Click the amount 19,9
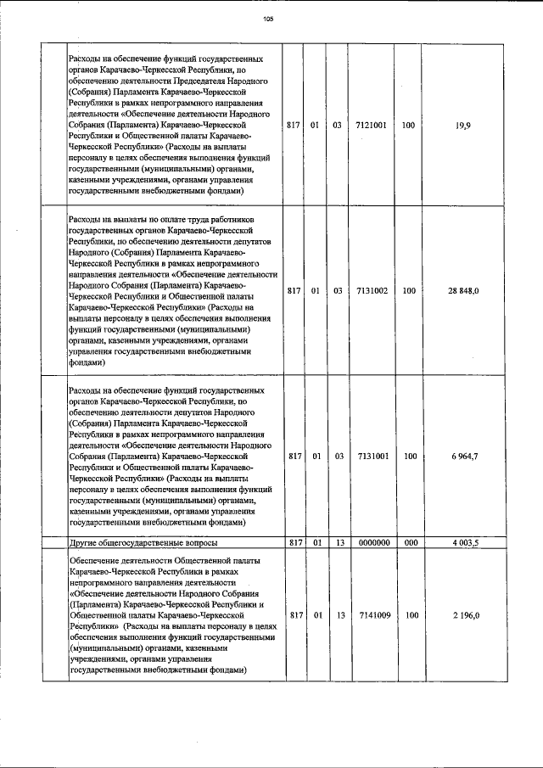(463, 125)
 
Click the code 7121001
(372, 125)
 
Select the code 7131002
(372, 291)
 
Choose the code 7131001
(372, 457)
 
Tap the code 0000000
(372, 542)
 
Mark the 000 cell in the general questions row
(410, 542)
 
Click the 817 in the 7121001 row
(294, 125)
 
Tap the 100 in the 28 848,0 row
(410, 291)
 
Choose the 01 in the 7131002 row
(315, 291)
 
